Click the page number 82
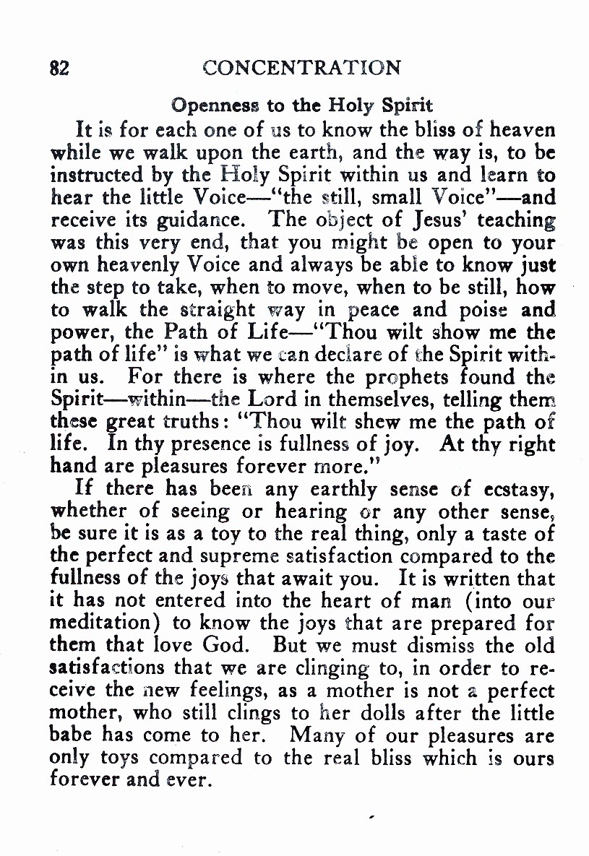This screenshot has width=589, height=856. click(59, 68)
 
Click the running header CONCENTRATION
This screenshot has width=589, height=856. click(301, 68)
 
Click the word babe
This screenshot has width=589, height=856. click(71, 736)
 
